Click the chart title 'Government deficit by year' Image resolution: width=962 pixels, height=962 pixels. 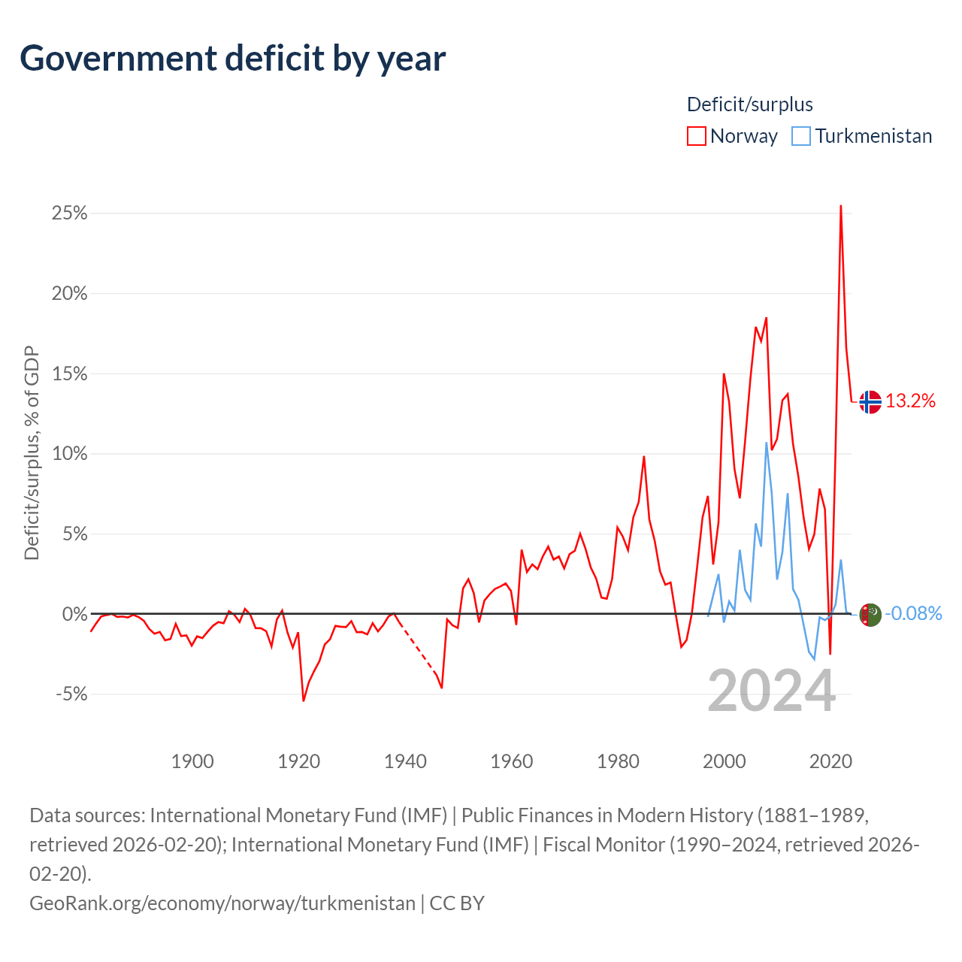232,59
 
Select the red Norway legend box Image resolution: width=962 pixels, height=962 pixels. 696,136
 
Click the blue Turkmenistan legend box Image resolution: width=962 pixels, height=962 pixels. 800,136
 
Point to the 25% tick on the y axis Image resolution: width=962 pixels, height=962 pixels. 69,213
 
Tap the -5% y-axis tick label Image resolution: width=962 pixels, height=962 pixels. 71,694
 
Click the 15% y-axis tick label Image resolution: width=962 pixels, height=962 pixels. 69,374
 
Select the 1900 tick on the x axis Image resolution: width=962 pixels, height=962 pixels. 192,761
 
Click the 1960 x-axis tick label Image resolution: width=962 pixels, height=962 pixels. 512,761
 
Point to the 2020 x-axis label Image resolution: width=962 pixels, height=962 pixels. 830,761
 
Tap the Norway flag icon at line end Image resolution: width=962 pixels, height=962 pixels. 870,402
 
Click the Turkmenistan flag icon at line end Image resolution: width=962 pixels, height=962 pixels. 870,615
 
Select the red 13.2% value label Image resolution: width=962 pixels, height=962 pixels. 910,401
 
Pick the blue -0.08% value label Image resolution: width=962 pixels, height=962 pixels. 913,613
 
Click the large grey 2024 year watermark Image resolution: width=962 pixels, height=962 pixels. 771,691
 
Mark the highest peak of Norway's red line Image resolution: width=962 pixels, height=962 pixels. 841,206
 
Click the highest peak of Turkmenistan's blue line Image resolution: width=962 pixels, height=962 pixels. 767,443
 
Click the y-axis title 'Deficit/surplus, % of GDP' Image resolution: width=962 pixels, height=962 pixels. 32,452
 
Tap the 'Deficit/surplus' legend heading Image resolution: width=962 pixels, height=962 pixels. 750,104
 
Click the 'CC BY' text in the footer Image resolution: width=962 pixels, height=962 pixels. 457,903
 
